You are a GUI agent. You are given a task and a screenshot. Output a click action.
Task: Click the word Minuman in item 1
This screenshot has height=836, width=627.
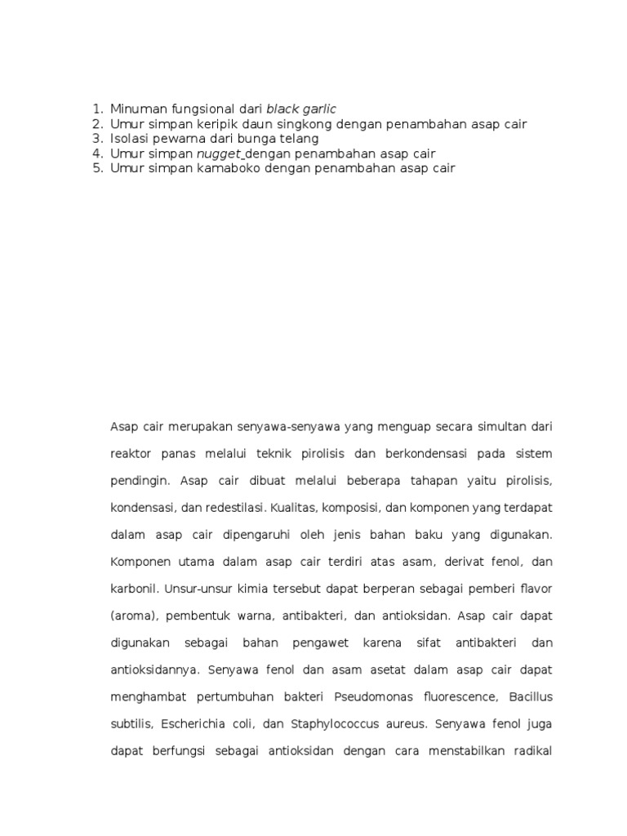coord(136,109)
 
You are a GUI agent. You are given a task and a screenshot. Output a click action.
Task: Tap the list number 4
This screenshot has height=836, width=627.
coord(97,153)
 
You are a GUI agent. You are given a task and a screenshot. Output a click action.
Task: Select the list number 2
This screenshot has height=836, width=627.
coord(97,124)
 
